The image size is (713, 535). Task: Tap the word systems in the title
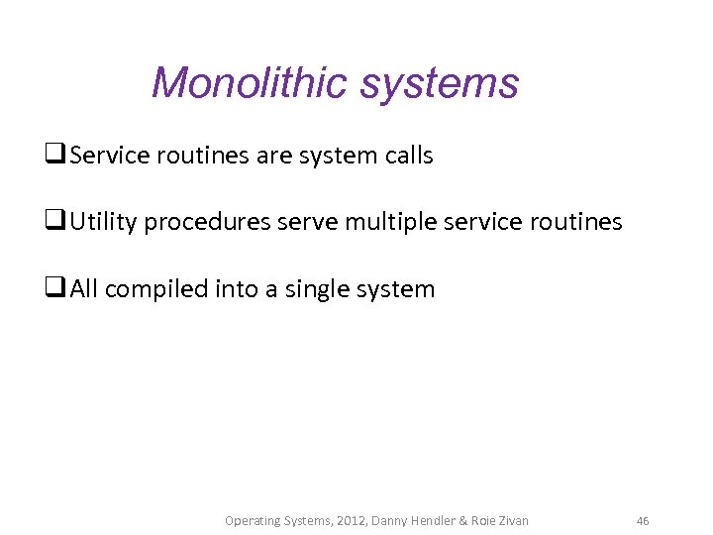439,84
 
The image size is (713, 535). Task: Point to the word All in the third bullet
84,289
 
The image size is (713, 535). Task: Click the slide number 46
643,520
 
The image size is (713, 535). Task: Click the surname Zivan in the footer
510,520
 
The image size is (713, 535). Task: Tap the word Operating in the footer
253,520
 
